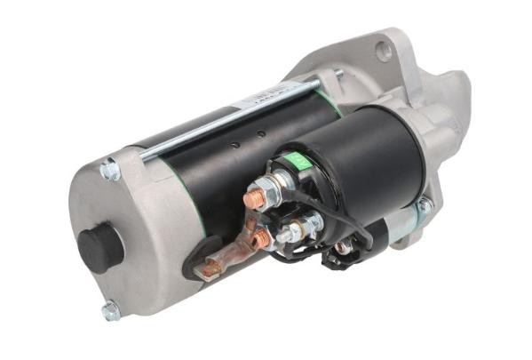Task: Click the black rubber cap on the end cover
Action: [x=100, y=245]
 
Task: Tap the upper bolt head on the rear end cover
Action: [x=110, y=169]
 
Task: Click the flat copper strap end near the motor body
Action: [x=210, y=265]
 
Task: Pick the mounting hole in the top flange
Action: [x=384, y=52]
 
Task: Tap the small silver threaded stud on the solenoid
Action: [x=290, y=233]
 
